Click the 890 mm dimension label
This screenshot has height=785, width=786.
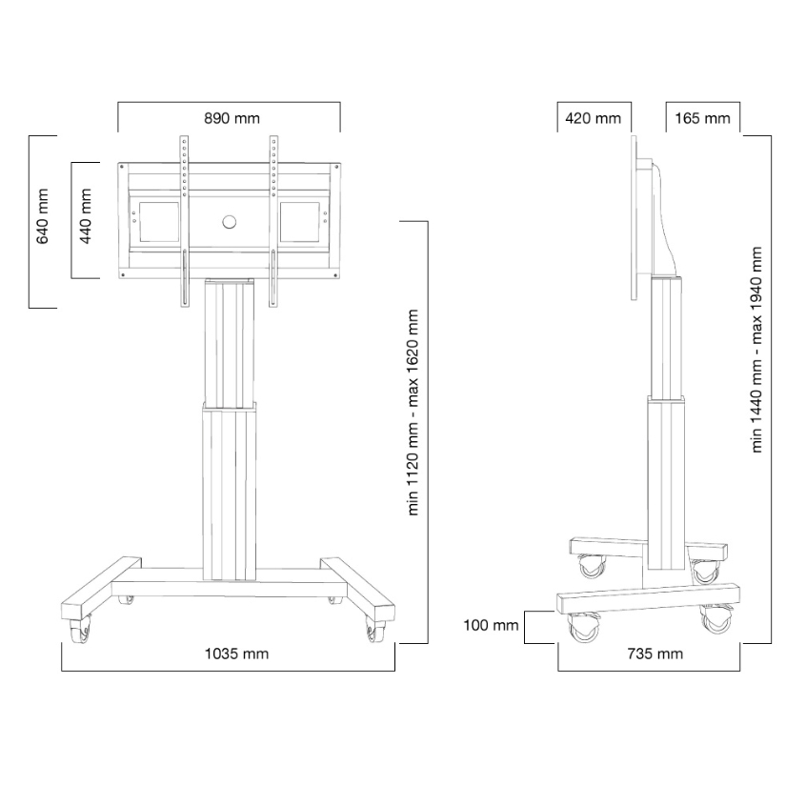point(232,119)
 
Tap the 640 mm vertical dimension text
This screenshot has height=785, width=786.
point(43,216)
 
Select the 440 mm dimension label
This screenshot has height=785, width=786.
point(86,216)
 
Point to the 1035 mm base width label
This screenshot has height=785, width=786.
point(236,654)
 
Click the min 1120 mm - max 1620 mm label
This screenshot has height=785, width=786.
point(413,413)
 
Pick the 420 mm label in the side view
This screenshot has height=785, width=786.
point(593,119)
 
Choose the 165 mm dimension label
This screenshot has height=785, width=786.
point(702,119)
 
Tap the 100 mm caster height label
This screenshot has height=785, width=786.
point(491,625)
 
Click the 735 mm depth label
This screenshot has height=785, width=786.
point(655,654)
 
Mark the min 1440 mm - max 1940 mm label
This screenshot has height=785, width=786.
point(756,350)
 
